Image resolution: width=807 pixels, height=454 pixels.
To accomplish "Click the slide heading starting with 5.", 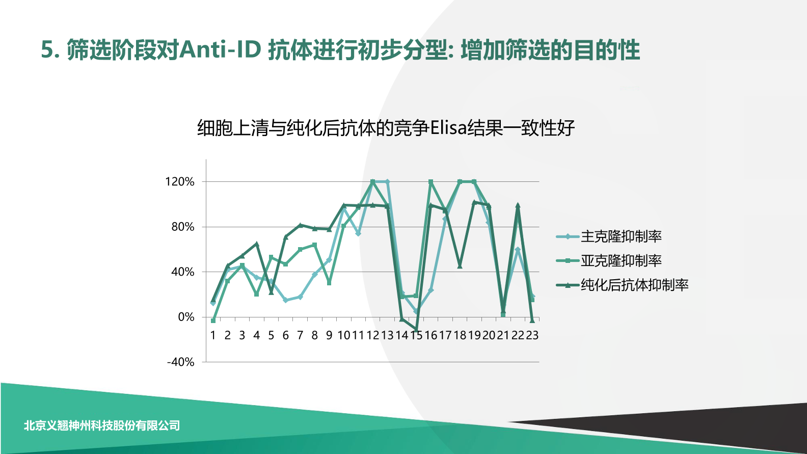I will [340, 50].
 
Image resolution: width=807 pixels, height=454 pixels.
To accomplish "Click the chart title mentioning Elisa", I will [386, 128].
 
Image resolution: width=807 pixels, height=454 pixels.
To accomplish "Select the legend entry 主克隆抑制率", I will [621, 236].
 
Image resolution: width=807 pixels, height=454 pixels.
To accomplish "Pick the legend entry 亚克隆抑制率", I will [621, 261].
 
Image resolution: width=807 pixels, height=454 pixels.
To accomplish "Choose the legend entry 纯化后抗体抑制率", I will [634, 285].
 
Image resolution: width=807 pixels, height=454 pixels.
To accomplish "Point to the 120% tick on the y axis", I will [180, 182].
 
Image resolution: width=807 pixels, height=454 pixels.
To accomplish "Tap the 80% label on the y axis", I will [183, 227].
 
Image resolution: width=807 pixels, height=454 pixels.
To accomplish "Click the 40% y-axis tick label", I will [183, 272].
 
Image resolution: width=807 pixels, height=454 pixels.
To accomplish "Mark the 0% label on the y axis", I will [186, 317].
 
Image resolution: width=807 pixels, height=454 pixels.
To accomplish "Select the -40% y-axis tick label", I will [181, 362].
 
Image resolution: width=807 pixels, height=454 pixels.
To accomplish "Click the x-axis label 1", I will [213, 335].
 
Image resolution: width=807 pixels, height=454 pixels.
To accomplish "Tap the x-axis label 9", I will [329, 335].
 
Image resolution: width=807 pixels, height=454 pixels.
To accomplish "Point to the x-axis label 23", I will [532, 335].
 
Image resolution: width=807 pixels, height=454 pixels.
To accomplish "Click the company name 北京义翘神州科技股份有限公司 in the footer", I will [102, 425].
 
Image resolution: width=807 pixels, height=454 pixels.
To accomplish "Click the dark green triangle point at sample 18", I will [460, 266].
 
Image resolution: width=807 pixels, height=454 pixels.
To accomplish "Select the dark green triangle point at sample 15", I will [416, 330].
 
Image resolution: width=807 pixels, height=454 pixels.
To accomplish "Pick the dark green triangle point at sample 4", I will [257, 244].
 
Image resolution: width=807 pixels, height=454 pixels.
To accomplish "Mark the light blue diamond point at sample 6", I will [286, 301].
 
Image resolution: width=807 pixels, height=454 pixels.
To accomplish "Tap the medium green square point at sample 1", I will [213, 321].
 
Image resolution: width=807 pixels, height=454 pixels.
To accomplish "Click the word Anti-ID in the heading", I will [221, 50].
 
